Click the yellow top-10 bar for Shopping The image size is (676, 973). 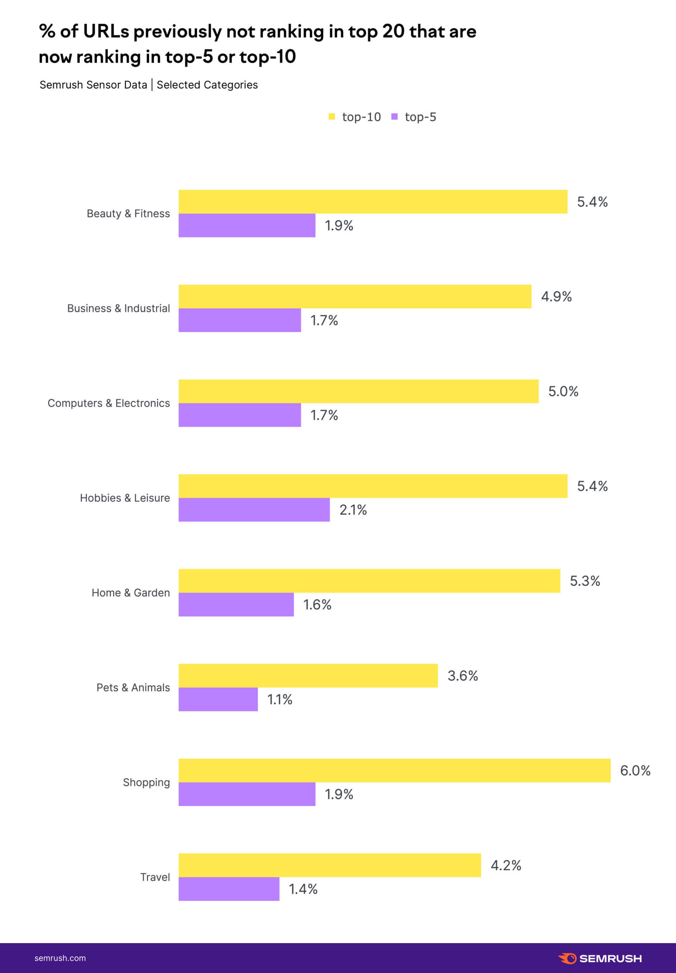pyautogui.click(x=394, y=770)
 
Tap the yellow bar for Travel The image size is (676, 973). pyautogui.click(x=330, y=865)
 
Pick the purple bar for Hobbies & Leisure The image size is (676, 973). pyautogui.click(x=254, y=509)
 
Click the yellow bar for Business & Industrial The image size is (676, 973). pyautogui.click(x=355, y=296)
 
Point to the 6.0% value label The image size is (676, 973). pyautogui.click(x=635, y=770)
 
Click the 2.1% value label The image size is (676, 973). pyautogui.click(x=353, y=509)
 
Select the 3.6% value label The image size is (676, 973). pyautogui.click(x=463, y=676)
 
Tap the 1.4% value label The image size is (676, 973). pyautogui.click(x=303, y=889)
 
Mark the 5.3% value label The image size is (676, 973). pyautogui.click(x=584, y=581)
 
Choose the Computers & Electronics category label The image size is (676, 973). pyautogui.click(x=108, y=403)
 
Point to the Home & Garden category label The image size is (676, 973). pyautogui.click(x=131, y=593)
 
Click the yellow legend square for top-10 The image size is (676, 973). pyautogui.click(x=332, y=117)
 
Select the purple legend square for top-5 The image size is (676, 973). pyautogui.click(x=394, y=117)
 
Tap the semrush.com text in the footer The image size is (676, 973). pyautogui.click(x=60, y=958)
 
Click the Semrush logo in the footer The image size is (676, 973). pyautogui.click(x=600, y=958)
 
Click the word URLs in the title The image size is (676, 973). pyautogui.click(x=106, y=31)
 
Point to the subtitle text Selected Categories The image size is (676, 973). pyautogui.click(x=207, y=85)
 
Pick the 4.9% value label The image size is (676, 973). pyautogui.click(x=556, y=296)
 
